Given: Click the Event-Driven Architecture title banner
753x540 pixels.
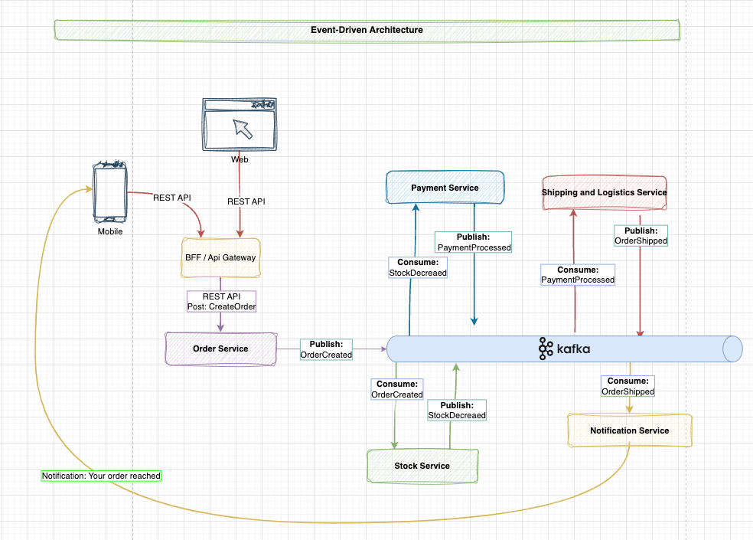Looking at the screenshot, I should point(367,30).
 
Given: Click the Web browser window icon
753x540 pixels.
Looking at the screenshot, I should point(240,125).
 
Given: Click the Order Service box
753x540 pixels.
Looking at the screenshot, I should point(221,349).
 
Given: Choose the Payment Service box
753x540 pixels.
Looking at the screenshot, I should point(445,188).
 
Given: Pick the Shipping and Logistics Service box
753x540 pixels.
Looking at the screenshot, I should point(604,192).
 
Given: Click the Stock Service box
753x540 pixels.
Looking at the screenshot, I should point(422,466).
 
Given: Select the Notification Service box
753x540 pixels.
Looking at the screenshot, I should point(629,430).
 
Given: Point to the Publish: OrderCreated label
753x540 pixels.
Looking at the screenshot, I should point(326,349).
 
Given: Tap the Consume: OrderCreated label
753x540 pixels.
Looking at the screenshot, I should point(397,389).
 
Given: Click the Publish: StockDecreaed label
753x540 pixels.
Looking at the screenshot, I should point(457,410).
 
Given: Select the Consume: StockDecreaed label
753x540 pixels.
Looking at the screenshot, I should point(417,267).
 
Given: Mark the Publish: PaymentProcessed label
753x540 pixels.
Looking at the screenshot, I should point(474,242).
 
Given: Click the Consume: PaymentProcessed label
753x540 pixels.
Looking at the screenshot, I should point(578,275).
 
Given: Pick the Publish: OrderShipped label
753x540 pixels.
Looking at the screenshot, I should point(641,235).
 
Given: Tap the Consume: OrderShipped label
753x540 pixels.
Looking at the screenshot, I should point(627,386).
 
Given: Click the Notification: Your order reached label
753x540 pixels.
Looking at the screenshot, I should point(101,476).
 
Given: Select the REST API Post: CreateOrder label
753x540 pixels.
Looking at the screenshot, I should point(221,301).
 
